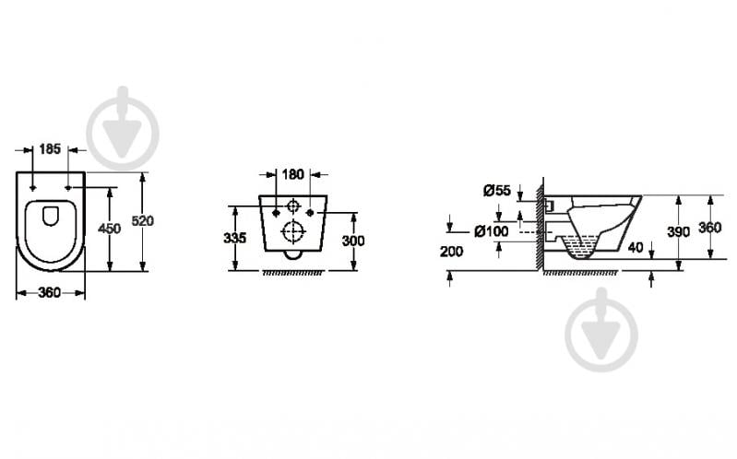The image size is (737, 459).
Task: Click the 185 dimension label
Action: (50, 149)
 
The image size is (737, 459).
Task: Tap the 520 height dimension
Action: (142, 220)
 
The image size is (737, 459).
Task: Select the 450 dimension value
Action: (109, 229)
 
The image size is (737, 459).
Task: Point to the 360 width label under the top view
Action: (50, 293)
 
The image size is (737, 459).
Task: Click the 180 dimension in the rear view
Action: (292, 174)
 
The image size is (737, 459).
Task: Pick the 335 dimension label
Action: (234, 238)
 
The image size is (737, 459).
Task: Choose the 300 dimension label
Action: (353, 241)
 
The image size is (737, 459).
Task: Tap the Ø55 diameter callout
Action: (497, 190)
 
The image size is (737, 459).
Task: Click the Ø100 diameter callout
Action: (491, 231)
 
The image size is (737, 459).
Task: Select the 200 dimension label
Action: (452, 252)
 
